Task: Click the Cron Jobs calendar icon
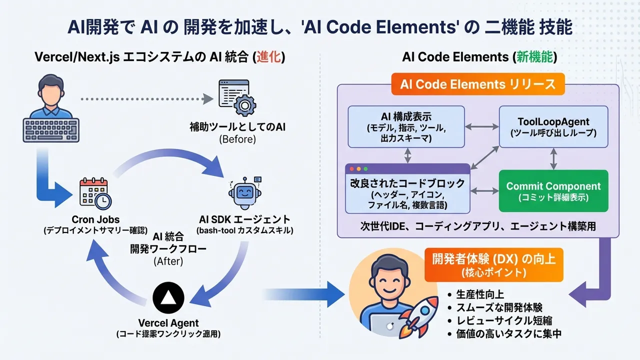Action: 95,193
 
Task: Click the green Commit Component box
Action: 553,190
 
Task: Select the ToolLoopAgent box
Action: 553,127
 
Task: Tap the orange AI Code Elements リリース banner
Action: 477,84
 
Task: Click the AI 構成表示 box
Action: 406,126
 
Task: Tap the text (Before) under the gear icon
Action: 237,139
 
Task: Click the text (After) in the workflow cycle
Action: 168,261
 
